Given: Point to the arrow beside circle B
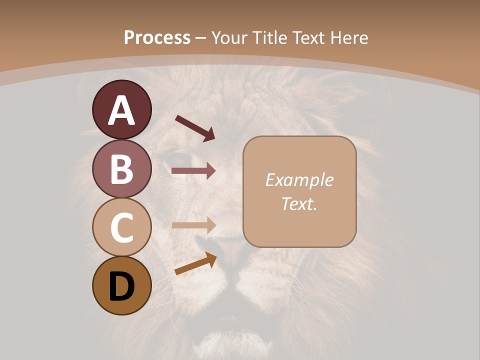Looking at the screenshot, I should point(193,171).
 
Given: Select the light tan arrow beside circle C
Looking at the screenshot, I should point(193,225).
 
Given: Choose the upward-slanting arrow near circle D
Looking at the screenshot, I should point(195,264).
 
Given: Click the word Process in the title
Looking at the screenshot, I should point(157,37).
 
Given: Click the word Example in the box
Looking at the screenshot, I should point(299,180).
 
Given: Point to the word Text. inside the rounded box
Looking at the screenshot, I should point(299,204).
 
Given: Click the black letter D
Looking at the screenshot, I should point(122,287).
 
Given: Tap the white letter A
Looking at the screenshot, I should point(122,110).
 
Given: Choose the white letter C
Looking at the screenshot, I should point(122,227).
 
